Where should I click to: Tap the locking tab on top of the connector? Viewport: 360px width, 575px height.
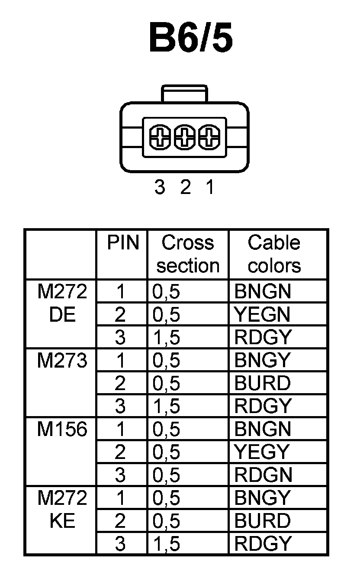coord(184,94)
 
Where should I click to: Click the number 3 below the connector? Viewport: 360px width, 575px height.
coord(160,187)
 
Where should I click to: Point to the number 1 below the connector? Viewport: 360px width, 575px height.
coord(210,187)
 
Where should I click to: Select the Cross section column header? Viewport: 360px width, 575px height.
coord(188,254)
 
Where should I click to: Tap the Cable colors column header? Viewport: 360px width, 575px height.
coord(274,254)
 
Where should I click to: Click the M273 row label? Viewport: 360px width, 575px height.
coord(62,361)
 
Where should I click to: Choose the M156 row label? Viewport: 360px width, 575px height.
coord(62,430)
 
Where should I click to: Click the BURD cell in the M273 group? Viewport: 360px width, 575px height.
coord(263,383)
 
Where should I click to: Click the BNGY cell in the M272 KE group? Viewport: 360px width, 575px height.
coord(262,498)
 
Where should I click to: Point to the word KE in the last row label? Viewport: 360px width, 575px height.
coord(62,521)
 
